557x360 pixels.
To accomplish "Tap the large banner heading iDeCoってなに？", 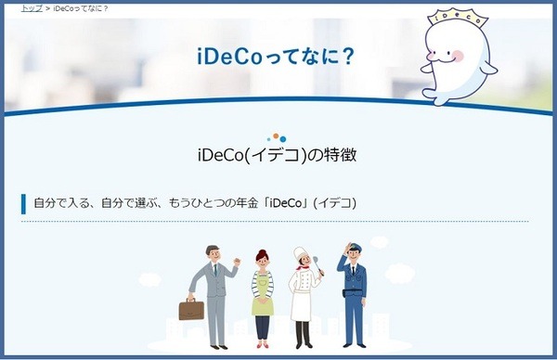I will tap(276, 56).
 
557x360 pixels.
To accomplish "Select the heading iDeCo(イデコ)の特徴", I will tap(278, 154).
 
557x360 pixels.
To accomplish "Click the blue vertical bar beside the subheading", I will tap(23, 203).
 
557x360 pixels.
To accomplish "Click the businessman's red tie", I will tap(216, 274).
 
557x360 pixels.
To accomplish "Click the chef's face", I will tap(302, 262).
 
